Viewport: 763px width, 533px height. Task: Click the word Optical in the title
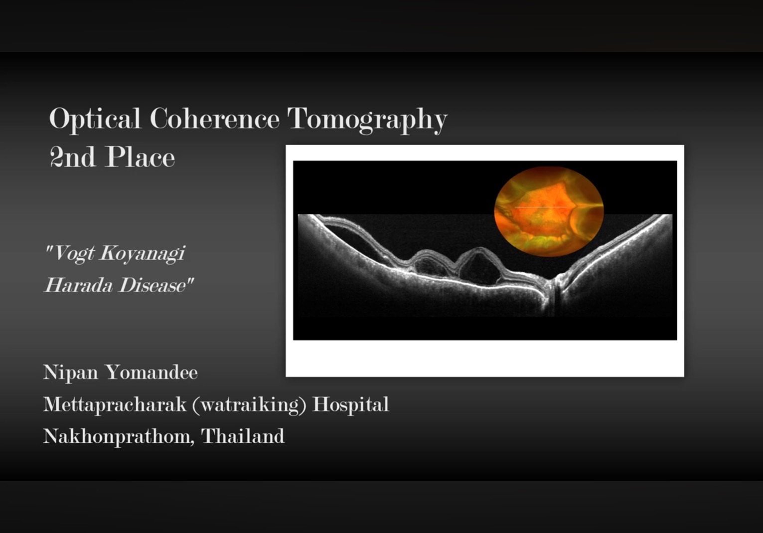[95, 119]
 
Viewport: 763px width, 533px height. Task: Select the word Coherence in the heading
[215, 118]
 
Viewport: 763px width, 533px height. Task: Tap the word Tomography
[367, 120]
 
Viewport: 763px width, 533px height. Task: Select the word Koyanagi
[143, 254]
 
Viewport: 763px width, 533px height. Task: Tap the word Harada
[79, 285]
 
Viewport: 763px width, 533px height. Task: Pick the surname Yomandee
[152, 372]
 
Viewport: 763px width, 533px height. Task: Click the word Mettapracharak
[115, 405]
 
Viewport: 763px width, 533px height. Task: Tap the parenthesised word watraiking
[249, 405]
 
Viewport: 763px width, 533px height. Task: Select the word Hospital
[350, 405]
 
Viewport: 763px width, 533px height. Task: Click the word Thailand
[243, 436]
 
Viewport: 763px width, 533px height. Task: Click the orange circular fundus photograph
[549, 211]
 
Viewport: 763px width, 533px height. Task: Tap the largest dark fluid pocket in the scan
[478, 268]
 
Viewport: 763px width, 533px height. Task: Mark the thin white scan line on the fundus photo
[542, 207]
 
